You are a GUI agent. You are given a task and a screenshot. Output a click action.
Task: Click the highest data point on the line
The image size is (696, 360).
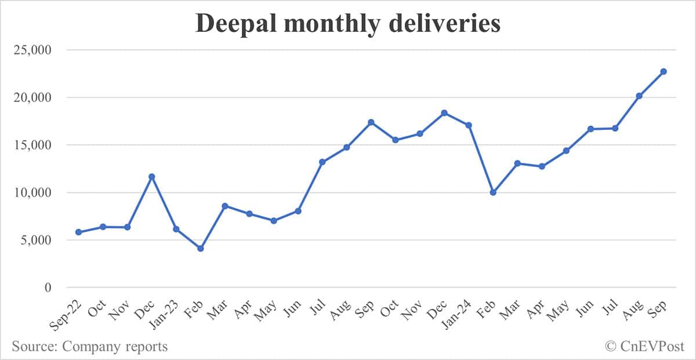click(664, 71)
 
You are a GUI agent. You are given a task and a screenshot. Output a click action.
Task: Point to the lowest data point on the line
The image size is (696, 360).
click(201, 249)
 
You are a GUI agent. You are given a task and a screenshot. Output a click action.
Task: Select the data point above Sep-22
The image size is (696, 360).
click(78, 232)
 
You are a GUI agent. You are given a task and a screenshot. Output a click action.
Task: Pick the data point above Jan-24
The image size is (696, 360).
click(469, 125)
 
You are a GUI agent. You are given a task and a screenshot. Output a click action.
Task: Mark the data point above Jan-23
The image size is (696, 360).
click(176, 229)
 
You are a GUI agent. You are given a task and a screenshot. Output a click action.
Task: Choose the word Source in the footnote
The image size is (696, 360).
click(34, 347)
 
